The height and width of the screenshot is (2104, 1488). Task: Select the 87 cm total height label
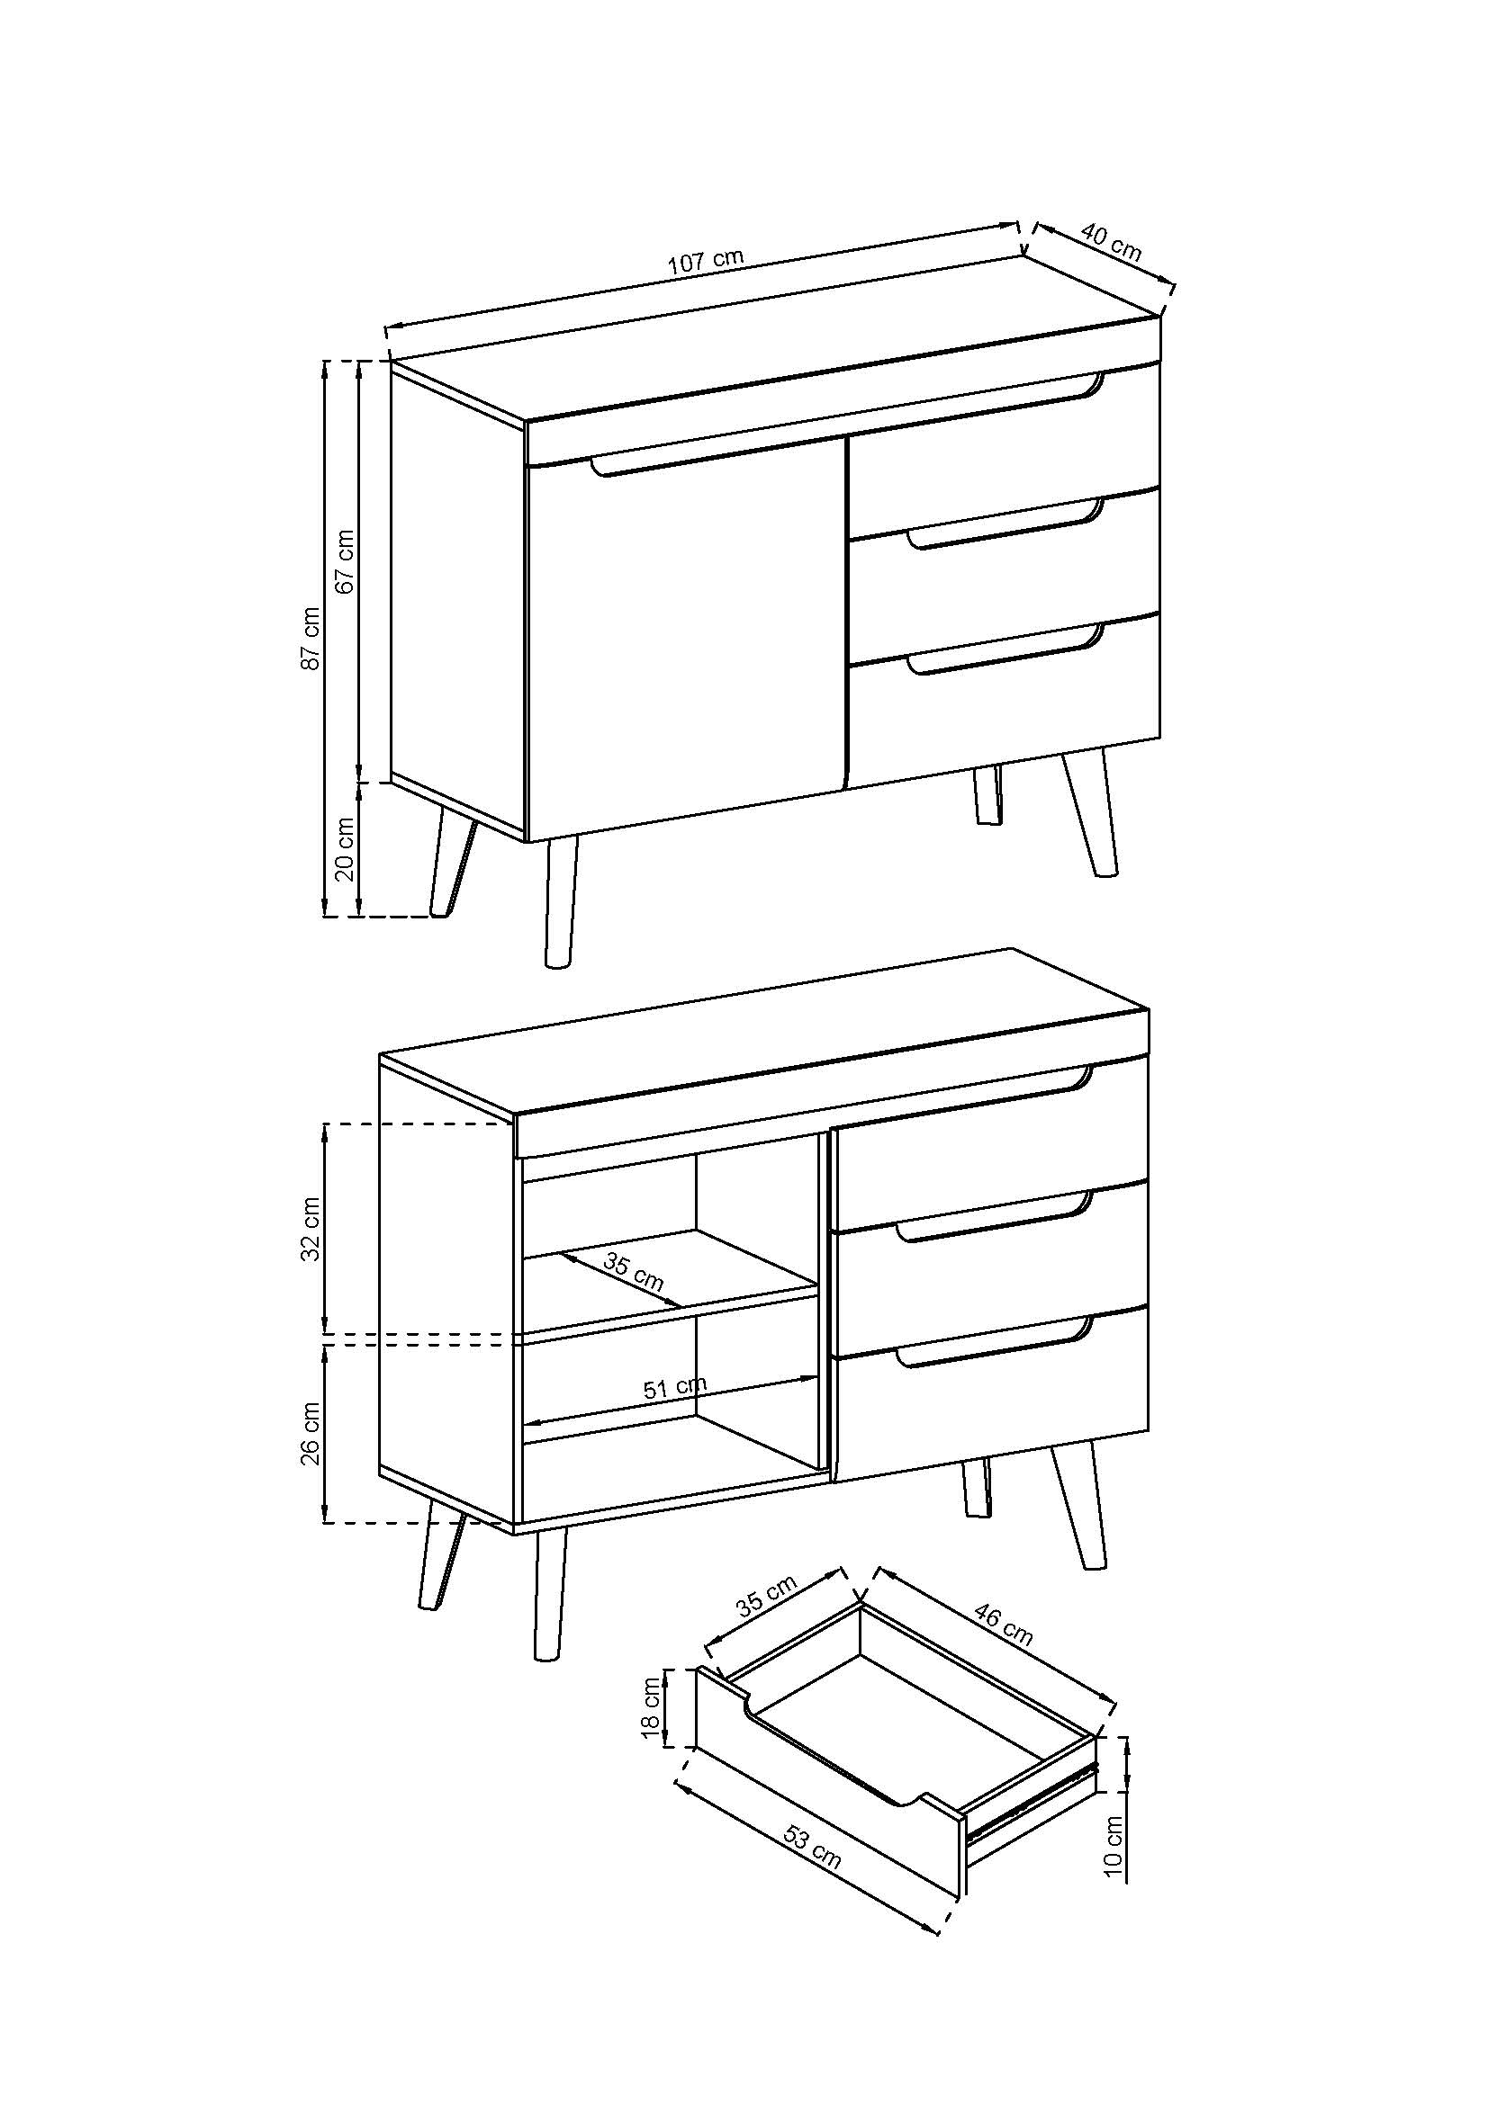tap(311, 638)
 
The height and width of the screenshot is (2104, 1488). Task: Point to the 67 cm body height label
tap(346, 560)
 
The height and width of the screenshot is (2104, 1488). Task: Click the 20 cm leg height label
tap(346, 847)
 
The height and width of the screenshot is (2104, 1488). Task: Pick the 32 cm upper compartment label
tap(311, 1229)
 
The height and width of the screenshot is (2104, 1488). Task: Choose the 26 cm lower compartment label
tap(311, 1433)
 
